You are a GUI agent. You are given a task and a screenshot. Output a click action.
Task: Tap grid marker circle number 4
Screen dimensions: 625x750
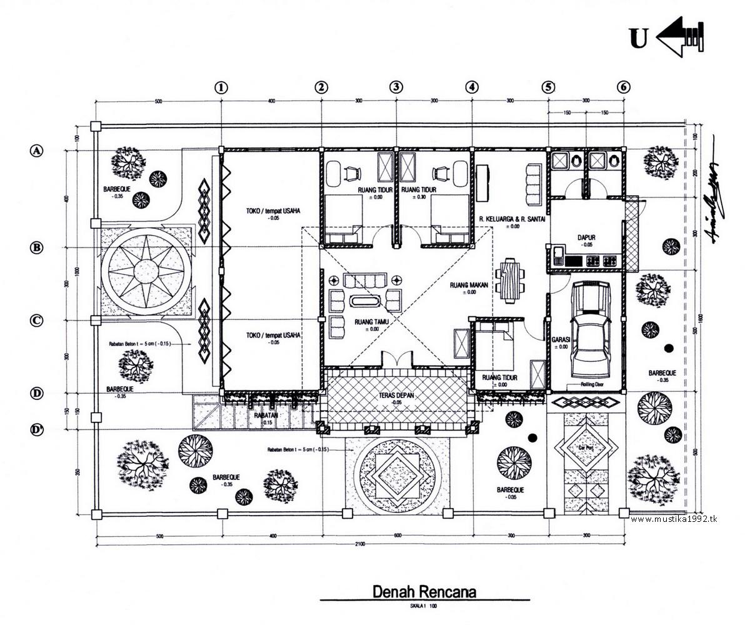[471, 87]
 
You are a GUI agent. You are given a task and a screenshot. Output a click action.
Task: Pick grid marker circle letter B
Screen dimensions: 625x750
[37, 247]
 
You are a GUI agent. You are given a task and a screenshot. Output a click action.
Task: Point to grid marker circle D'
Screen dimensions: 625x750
[37, 429]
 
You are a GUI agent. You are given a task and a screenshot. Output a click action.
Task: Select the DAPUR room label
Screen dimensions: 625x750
[586, 237]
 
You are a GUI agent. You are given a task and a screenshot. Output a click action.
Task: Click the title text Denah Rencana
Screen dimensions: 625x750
[424, 591]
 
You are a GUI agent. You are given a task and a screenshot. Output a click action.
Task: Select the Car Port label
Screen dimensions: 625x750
[586, 448]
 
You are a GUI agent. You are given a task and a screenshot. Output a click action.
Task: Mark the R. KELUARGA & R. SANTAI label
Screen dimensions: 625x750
[508, 219]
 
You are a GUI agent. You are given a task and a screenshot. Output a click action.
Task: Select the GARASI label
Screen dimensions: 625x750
[559, 340]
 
